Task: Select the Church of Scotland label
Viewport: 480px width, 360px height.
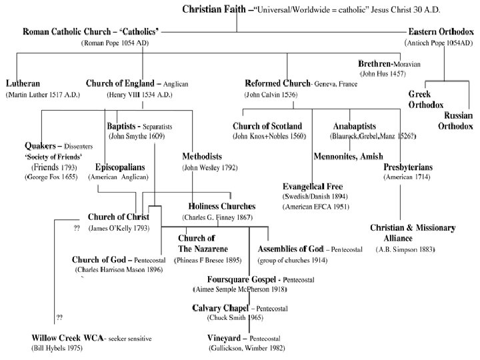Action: (267, 125)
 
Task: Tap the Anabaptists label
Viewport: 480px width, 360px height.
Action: (355, 125)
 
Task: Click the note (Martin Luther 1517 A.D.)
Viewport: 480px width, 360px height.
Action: (43, 95)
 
